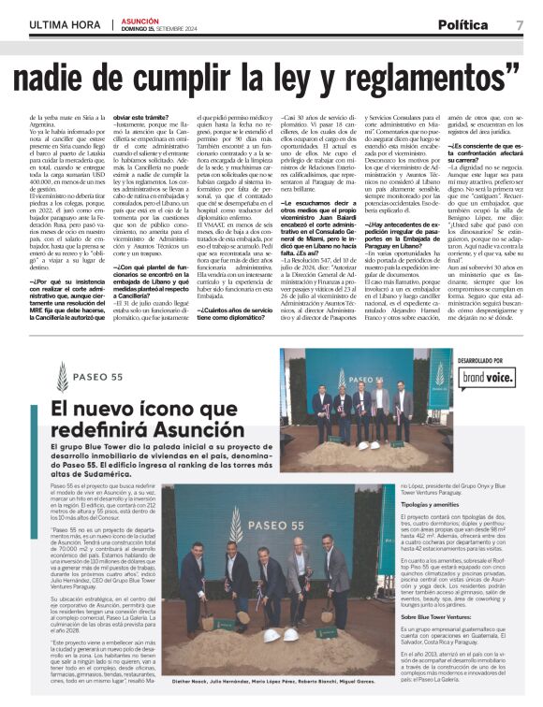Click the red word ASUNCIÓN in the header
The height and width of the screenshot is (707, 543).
[139, 19]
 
